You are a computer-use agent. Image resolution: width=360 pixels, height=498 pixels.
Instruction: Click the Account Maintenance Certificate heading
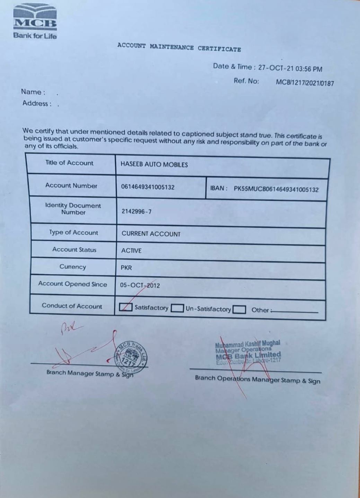179,48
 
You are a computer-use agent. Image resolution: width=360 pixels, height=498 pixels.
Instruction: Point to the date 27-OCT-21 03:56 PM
290,68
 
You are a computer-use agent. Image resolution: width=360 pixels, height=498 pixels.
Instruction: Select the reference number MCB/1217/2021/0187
305,83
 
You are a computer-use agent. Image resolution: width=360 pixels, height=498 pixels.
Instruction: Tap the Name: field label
33,92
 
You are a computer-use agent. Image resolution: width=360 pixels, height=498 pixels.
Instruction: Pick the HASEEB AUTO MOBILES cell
154,165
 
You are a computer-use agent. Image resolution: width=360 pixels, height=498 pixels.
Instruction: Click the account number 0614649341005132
148,187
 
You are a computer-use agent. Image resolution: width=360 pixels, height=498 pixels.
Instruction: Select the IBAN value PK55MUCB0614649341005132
276,189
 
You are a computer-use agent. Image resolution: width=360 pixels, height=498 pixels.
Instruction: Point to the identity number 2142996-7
136,212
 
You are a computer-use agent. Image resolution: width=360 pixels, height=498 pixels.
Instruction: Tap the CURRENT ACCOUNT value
151,234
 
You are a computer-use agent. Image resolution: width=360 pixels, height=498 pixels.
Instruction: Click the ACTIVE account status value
131,251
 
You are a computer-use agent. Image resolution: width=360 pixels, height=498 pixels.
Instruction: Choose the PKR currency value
126,268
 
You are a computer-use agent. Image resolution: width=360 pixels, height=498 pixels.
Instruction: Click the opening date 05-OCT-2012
140,285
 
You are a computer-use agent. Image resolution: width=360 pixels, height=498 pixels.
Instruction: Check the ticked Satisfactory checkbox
125,307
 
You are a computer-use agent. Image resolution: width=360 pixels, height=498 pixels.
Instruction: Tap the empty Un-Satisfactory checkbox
177,308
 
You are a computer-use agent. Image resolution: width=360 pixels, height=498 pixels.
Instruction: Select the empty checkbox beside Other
239,309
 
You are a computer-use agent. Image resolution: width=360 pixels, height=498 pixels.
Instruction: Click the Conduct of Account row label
72,306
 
